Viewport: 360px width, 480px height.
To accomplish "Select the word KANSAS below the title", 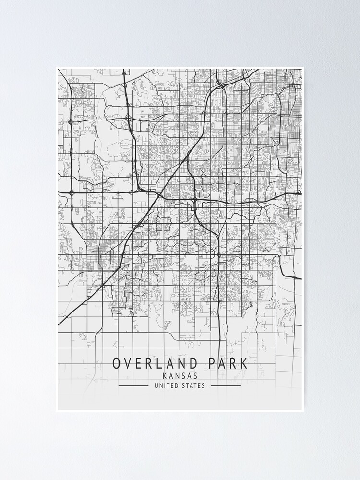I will point(180,376).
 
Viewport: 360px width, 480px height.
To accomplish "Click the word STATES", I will point(193,385).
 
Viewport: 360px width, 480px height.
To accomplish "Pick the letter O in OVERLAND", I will point(117,363).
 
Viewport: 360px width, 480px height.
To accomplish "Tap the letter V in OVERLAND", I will point(128,363).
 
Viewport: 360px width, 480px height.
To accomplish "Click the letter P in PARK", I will point(211,363).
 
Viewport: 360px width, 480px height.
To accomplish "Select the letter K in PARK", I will point(244,363).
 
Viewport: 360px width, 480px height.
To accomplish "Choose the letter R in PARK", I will point(234,363).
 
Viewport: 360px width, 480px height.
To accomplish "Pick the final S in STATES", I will point(204,385).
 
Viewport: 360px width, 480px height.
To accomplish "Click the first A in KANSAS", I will point(171,376).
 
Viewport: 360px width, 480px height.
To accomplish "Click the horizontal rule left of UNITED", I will point(133,385).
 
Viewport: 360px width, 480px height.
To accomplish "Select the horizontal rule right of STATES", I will point(226,385).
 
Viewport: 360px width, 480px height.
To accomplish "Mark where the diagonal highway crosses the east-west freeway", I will point(158,194).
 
